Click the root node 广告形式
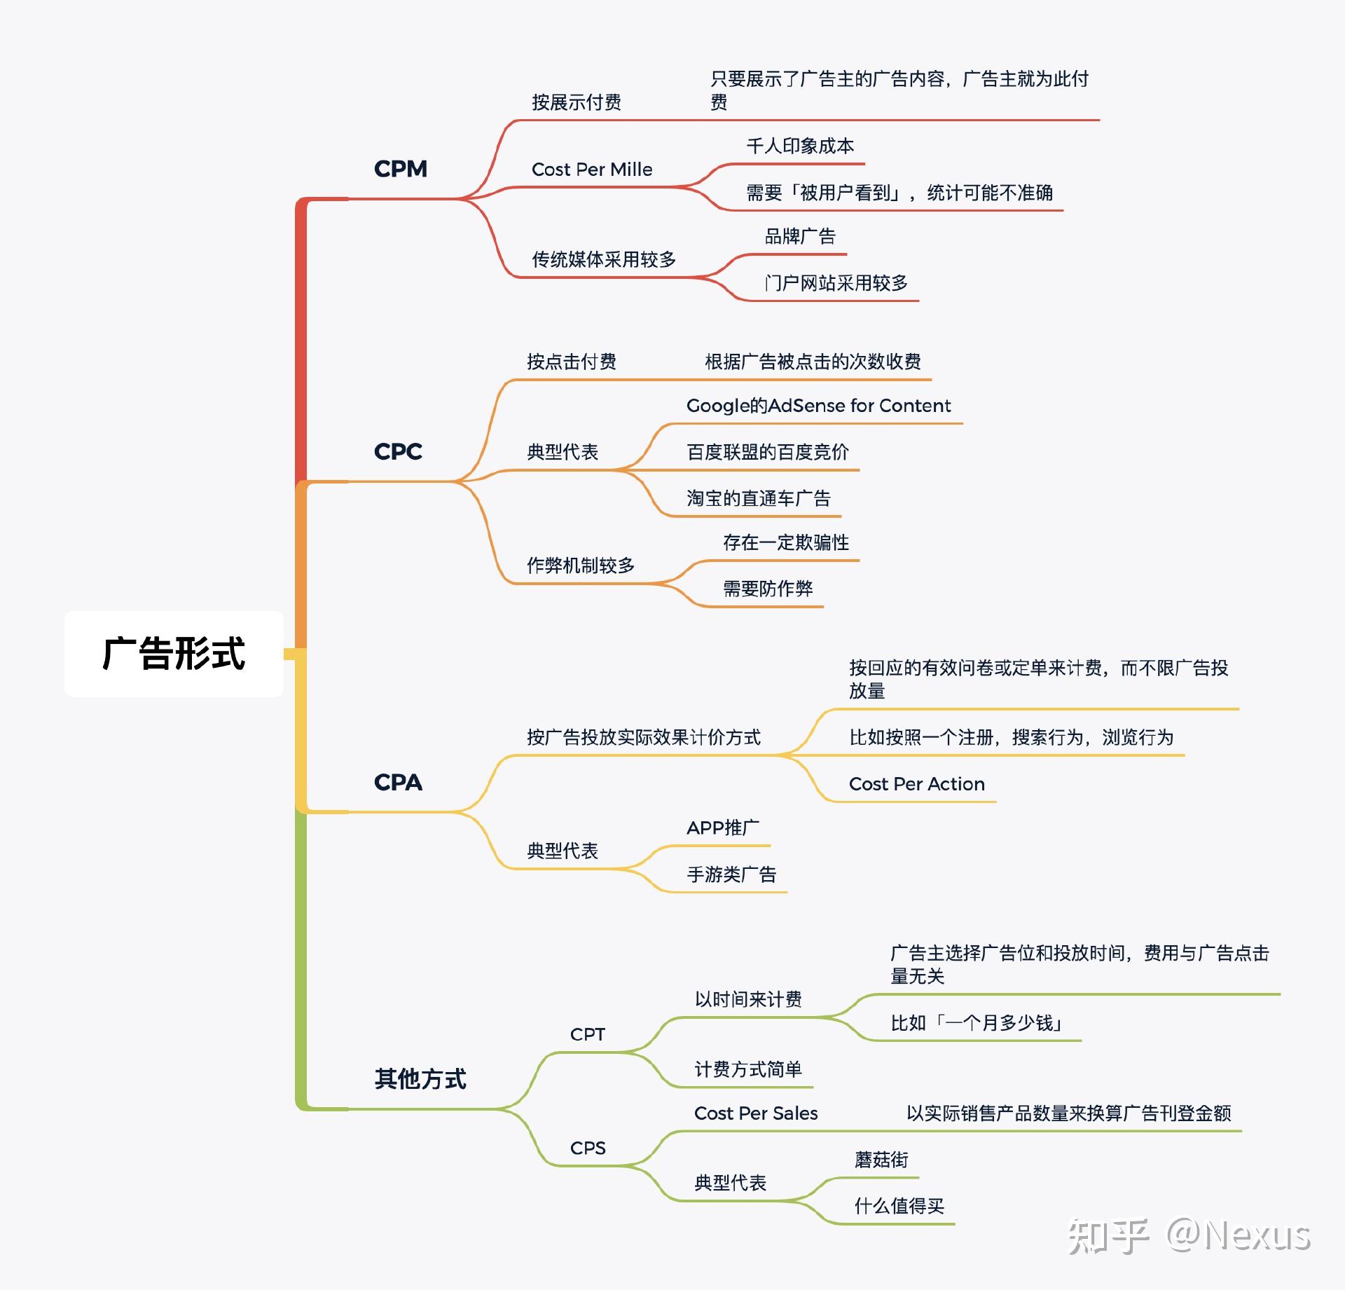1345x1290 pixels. (x=174, y=654)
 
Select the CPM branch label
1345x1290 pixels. (x=400, y=169)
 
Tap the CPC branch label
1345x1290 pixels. (x=398, y=451)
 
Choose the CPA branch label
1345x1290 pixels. (x=398, y=782)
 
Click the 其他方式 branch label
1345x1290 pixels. (x=420, y=1078)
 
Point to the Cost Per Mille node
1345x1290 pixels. (x=591, y=170)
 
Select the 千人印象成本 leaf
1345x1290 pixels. (x=800, y=146)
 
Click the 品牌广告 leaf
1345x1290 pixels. (x=800, y=236)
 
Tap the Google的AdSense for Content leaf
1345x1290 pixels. (x=818, y=406)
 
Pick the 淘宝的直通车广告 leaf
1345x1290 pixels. (x=758, y=498)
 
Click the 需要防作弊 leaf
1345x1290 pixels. (x=768, y=589)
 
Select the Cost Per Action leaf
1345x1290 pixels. (x=916, y=784)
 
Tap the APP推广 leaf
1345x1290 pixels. (x=722, y=828)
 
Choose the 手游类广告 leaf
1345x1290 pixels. (x=731, y=874)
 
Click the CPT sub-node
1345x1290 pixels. (x=587, y=1034)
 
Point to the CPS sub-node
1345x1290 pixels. (x=587, y=1148)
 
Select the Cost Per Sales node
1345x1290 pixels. (x=755, y=1113)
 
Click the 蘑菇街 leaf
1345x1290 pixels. (x=881, y=1160)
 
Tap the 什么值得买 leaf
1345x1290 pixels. (x=899, y=1206)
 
